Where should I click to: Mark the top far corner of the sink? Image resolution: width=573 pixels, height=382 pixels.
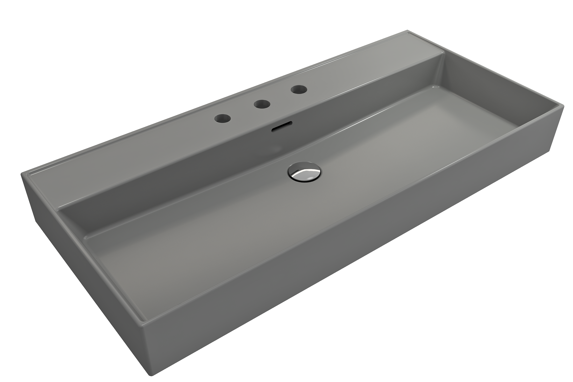[x=408, y=31]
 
